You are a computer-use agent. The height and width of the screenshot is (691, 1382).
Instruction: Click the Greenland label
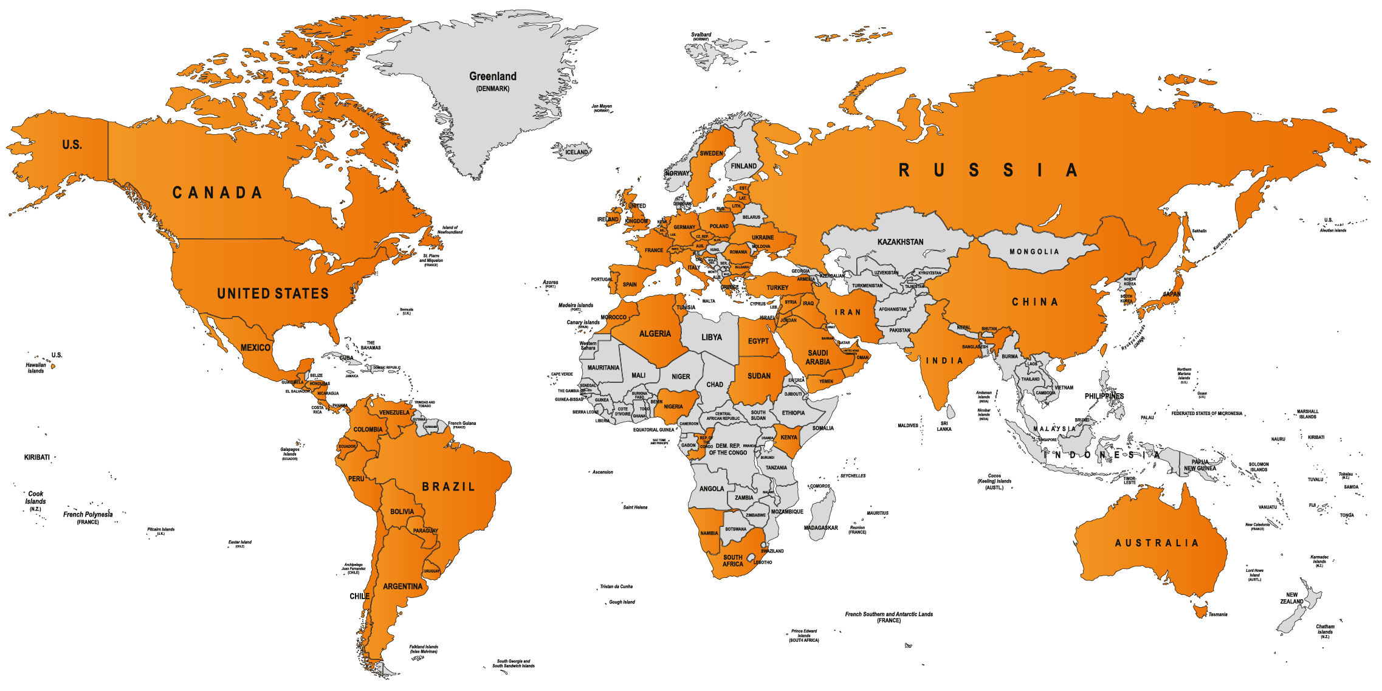tap(492, 77)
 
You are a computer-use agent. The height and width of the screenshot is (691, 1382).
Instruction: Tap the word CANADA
tap(217, 193)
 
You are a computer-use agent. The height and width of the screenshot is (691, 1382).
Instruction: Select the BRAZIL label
tap(449, 487)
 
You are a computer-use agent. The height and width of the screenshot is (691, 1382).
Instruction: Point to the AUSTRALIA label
tap(1157, 543)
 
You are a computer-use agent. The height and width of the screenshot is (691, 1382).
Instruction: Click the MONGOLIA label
tap(1034, 252)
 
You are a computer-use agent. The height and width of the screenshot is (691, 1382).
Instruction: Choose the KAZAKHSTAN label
tap(900, 242)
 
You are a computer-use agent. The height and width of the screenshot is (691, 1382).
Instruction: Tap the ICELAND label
tap(577, 153)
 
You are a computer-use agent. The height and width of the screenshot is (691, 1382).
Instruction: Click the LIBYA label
tap(712, 337)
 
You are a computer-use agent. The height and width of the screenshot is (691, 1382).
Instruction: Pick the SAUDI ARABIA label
tap(817, 357)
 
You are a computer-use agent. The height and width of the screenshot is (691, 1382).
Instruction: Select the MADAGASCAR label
tap(820, 528)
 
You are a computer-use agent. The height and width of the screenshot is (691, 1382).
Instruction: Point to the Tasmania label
tap(1217, 614)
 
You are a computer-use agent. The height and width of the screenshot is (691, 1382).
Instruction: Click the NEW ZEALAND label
tap(1291, 598)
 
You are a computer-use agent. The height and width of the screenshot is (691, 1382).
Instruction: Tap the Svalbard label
tap(701, 35)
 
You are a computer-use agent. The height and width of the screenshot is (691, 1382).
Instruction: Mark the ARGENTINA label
tap(402, 586)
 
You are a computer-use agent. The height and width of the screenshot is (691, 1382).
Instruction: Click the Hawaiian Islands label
tap(36, 368)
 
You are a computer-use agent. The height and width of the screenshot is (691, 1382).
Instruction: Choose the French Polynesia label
tap(88, 515)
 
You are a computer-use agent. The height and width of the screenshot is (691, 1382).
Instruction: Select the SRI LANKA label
tap(944, 426)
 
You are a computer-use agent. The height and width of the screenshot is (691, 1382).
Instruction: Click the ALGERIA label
tap(655, 334)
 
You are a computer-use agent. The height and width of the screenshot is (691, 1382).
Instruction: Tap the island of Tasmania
tap(1200, 610)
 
